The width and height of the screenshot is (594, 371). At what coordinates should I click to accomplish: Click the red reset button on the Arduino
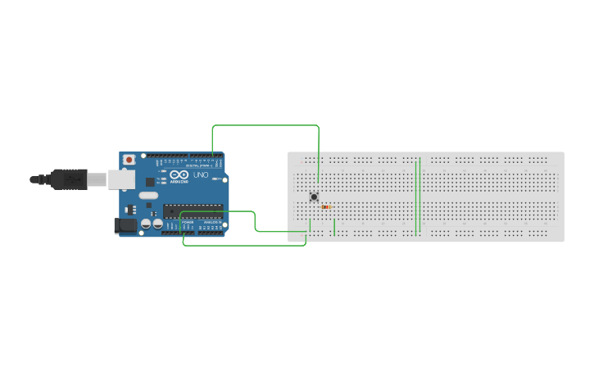[x=129, y=160]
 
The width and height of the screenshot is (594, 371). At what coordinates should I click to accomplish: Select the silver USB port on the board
[x=122, y=179]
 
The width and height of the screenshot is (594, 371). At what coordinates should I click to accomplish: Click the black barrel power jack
[x=125, y=225]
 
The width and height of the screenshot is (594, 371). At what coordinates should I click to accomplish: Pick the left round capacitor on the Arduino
[x=146, y=223]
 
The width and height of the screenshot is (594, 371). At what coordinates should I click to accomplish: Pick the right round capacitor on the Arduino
[x=157, y=223]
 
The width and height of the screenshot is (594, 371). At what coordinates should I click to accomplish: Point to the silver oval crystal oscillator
[x=147, y=196]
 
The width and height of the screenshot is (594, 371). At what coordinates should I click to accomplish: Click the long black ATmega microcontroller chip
[x=193, y=210]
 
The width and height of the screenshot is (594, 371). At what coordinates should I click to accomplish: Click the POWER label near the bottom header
[x=188, y=223]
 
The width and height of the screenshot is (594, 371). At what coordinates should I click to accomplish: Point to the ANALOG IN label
[x=211, y=223]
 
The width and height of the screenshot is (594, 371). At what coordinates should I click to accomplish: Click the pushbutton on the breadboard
[x=314, y=197]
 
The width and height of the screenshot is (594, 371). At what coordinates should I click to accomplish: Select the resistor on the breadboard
[x=327, y=207]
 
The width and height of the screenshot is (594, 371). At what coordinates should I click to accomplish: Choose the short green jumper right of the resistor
[x=334, y=227]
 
